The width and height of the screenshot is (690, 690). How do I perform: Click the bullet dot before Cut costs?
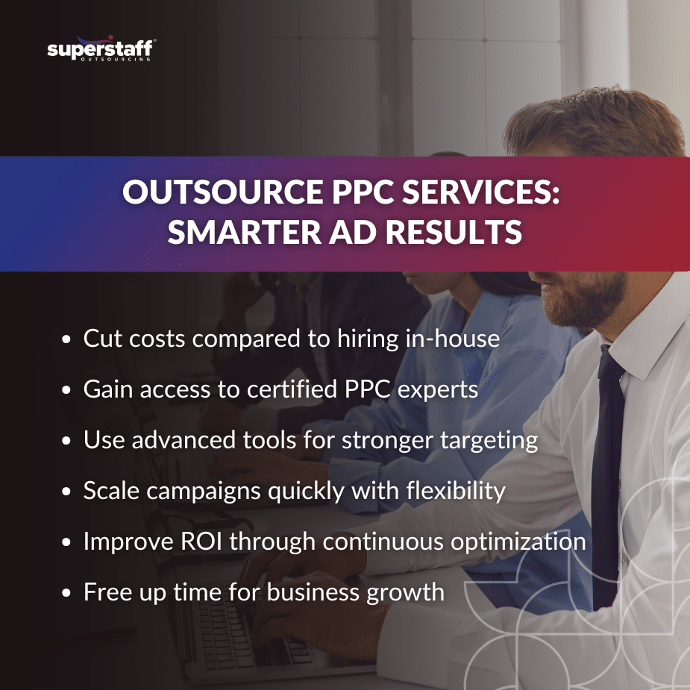pyautogui.click(x=67, y=340)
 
